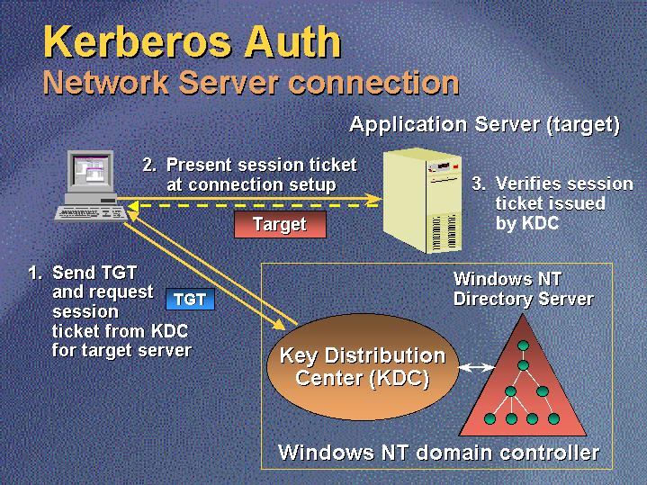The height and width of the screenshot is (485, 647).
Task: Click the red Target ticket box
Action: [280, 225]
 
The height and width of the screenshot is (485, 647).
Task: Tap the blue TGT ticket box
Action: [190, 300]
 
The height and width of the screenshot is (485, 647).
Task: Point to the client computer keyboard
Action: [89, 213]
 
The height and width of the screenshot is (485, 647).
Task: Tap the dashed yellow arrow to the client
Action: [252, 206]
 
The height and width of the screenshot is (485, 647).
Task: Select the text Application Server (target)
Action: [484, 124]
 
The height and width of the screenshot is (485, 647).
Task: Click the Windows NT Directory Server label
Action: [523, 289]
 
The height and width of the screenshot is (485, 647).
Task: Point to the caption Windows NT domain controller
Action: [438, 451]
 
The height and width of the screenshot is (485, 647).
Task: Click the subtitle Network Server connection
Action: [251, 83]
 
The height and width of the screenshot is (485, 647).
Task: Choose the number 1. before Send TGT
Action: [35, 272]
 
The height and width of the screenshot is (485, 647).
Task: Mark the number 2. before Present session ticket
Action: [149, 166]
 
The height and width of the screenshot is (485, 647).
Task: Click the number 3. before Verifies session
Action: [479, 184]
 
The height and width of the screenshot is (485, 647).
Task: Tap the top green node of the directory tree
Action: [522, 346]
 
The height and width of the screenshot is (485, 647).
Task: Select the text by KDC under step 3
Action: [527, 223]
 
